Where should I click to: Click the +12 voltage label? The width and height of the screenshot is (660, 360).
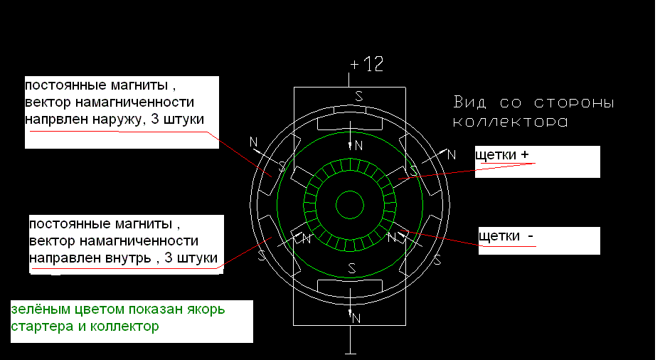click(x=366, y=64)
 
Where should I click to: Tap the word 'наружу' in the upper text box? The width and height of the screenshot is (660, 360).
click(x=118, y=119)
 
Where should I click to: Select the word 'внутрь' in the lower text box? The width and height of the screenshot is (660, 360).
click(x=129, y=258)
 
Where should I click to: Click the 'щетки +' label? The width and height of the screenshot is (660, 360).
click(x=501, y=154)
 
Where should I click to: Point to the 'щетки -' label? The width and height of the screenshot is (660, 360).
click(x=506, y=235)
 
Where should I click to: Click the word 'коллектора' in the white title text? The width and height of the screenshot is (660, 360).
click(x=510, y=122)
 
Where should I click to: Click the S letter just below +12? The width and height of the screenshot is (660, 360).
click(x=359, y=97)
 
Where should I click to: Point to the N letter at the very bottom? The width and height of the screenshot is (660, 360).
click(x=356, y=318)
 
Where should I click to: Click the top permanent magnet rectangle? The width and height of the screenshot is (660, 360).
click(x=350, y=122)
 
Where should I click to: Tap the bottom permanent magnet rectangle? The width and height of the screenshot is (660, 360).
click(x=350, y=286)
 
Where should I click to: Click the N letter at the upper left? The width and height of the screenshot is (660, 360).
click(x=253, y=142)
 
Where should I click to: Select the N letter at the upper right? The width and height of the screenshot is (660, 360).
click(x=451, y=154)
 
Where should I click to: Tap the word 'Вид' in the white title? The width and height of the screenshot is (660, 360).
click(x=469, y=102)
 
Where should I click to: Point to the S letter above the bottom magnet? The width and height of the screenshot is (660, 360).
click(x=352, y=268)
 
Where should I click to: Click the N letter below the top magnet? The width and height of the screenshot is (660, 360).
click(x=358, y=146)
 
